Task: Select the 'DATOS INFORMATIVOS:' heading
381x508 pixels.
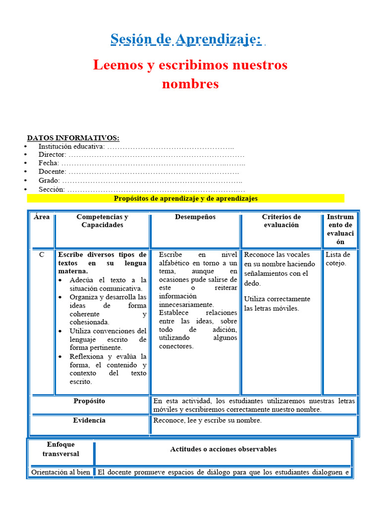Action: (73, 138)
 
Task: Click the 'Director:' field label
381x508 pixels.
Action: (52, 155)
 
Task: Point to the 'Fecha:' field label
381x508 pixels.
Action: (49, 163)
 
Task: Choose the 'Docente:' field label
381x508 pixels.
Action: (52, 172)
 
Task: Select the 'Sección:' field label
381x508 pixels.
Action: (52, 190)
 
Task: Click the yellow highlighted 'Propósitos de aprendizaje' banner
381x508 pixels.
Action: (186, 198)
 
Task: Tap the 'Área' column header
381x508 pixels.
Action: (42, 217)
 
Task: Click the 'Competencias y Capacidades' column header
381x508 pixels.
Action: (102, 221)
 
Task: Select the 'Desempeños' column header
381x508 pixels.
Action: (195, 217)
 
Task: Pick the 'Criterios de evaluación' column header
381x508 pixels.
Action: (281, 221)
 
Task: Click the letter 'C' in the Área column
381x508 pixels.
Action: (42, 254)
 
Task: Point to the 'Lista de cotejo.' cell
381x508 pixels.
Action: (337, 259)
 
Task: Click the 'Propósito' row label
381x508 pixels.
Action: (89, 401)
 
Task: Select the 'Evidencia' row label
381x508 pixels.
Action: (89, 420)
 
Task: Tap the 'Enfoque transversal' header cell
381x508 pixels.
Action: (61, 449)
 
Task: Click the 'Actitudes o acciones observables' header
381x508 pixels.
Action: (223, 449)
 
